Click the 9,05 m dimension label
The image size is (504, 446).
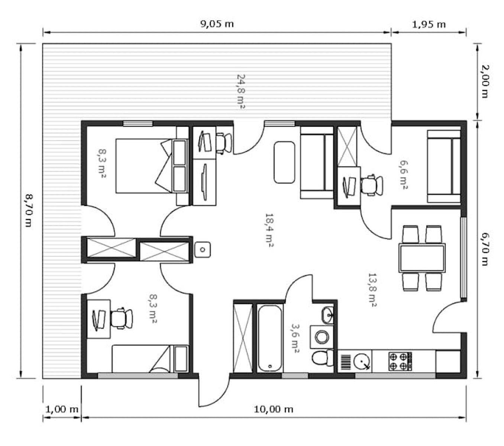coord(217,24)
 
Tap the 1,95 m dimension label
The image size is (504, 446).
coord(429,25)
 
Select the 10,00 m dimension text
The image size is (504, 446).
coord(273,409)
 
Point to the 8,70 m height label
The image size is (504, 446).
coord(29,211)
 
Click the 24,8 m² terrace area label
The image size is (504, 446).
coord(240,91)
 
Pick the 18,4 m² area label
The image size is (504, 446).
coord(269,230)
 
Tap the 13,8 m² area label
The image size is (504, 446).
coord(372,290)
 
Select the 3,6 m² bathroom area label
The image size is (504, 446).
coord(295,338)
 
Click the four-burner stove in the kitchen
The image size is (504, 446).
coord(400,361)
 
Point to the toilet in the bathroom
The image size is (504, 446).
coord(322,358)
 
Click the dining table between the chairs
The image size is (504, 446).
coord(422,258)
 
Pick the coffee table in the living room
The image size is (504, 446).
coord(284,162)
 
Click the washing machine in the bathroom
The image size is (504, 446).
coord(322,337)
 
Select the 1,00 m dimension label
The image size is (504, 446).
coord(62,409)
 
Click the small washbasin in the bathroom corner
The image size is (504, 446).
coord(328,315)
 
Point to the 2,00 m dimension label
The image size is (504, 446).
coord(485,82)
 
